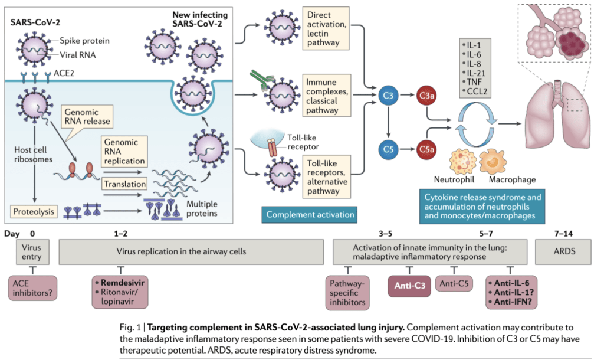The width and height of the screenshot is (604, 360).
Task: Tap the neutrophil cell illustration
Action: tap(463, 161)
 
